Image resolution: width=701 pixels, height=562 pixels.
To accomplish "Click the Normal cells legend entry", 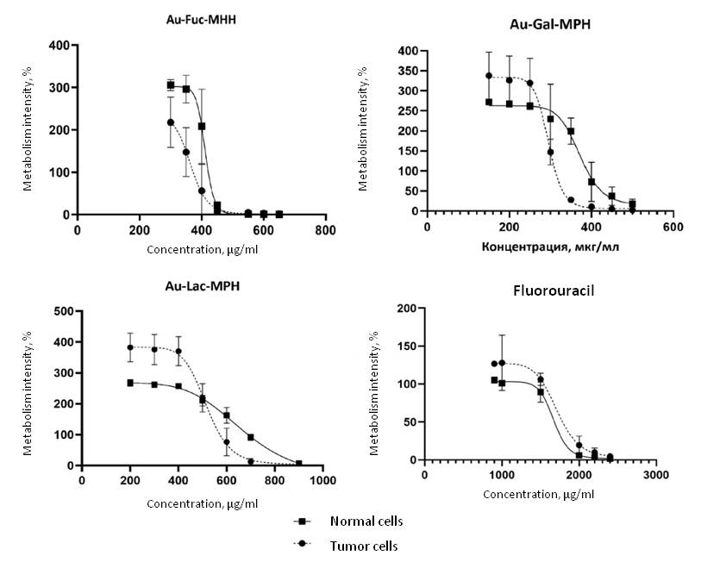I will tap(366, 521).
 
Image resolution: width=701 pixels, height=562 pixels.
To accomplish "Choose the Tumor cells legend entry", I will tap(365, 546).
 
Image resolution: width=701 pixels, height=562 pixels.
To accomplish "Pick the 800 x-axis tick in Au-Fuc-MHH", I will tap(325, 230).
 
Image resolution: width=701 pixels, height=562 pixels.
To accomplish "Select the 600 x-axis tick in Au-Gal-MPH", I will tap(673, 227).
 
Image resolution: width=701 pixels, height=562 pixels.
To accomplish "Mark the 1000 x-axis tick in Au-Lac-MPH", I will tap(323, 481).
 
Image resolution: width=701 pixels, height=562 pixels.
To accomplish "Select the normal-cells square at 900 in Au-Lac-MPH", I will tap(298, 463).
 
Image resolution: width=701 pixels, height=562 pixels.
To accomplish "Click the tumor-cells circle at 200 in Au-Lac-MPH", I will tap(130, 347).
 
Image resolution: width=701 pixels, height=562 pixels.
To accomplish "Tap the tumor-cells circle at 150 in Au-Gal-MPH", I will tap(489, 76).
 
